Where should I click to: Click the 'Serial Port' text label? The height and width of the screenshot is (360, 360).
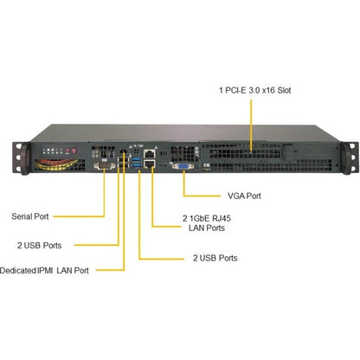30,216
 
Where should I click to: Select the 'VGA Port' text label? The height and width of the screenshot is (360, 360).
244,196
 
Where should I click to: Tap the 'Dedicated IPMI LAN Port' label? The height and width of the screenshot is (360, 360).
44,271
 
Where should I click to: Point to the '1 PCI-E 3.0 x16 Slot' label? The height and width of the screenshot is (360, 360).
255,90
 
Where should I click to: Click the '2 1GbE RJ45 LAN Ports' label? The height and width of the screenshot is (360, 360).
207,223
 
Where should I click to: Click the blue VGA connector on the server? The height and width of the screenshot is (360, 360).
183,166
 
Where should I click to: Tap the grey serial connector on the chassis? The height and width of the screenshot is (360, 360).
104,166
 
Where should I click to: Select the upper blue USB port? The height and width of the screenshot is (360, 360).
137,159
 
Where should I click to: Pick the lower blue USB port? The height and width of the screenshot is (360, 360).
137,165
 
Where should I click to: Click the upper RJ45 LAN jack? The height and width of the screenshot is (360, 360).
150,154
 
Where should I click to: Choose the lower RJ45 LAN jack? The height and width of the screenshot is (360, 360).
150,164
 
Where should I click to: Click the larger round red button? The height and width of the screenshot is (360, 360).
74,151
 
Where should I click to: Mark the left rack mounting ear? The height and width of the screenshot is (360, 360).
21,158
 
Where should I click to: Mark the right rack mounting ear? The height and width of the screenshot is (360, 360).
349,158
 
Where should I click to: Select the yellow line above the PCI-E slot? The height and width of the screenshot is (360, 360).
251,125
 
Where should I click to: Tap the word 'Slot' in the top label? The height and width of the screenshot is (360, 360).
284,90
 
